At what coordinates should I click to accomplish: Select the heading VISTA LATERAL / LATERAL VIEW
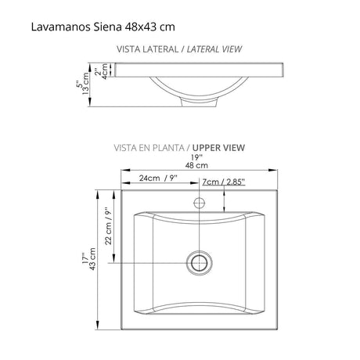(x=179, y=49)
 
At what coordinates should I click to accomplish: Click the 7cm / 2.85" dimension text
(x=224, y=181)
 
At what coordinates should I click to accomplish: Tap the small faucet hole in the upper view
(x=201, y=203)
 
